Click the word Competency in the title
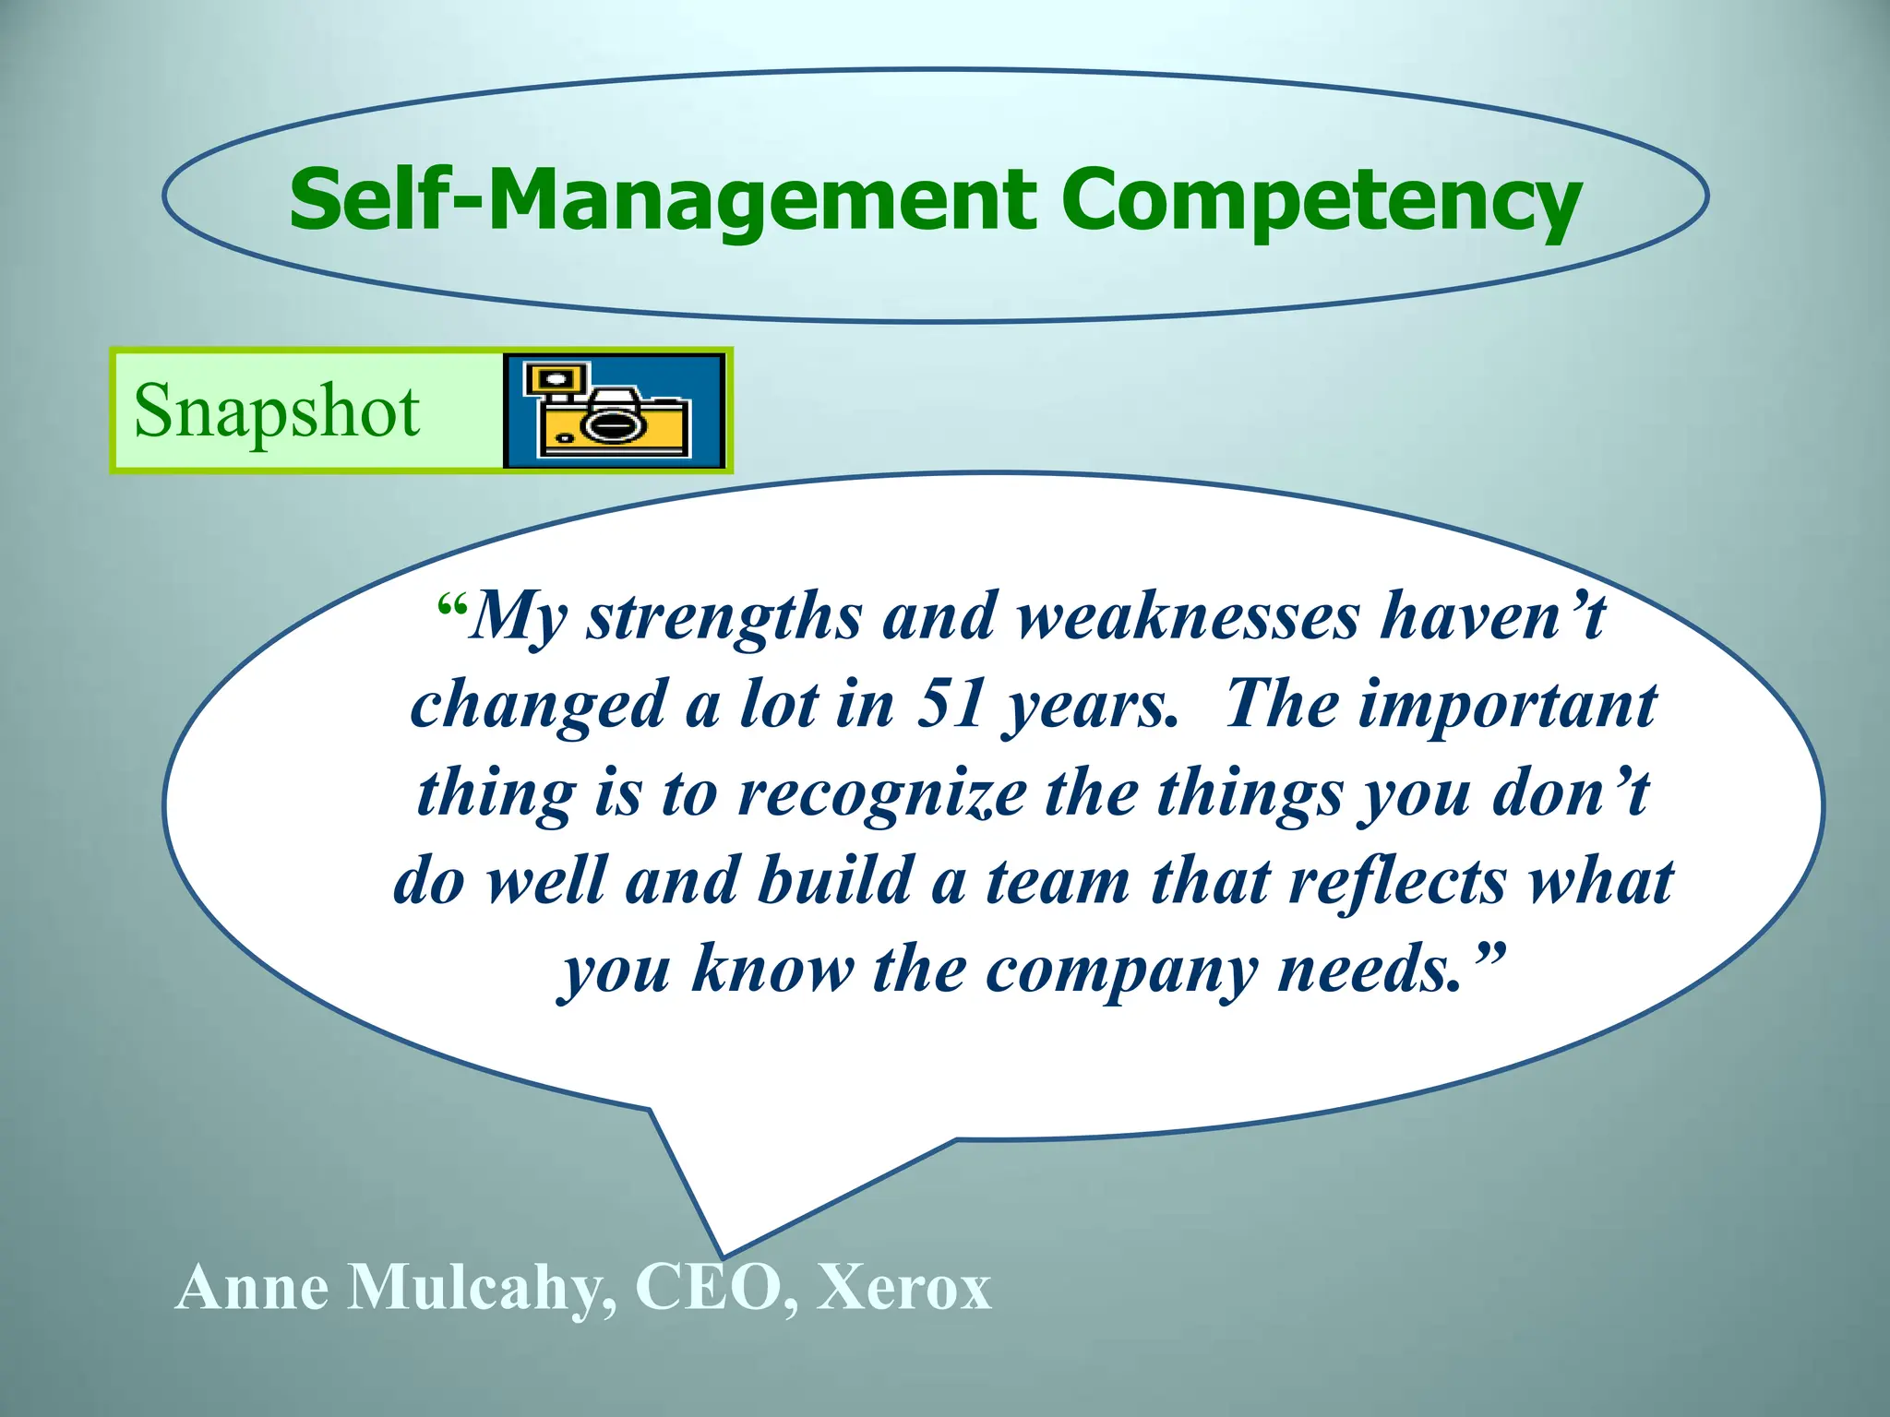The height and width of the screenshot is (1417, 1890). pos(1320,201)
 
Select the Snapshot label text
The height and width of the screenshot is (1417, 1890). pos(277,411)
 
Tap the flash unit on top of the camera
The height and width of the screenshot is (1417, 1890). pos(556,379)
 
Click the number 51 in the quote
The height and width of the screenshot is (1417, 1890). pos(951,705)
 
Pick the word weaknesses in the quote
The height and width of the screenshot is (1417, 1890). pos(1189,616)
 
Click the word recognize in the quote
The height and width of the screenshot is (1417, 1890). pos(881,793)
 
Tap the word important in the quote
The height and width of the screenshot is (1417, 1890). pos(1507,705)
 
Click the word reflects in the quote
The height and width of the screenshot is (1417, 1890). pos(1398,881)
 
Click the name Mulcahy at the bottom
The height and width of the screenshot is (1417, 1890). pos(474,1288)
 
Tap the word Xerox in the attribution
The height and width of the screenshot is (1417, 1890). pos(903,1286)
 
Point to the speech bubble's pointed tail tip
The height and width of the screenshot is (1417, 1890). pos(723,1255)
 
